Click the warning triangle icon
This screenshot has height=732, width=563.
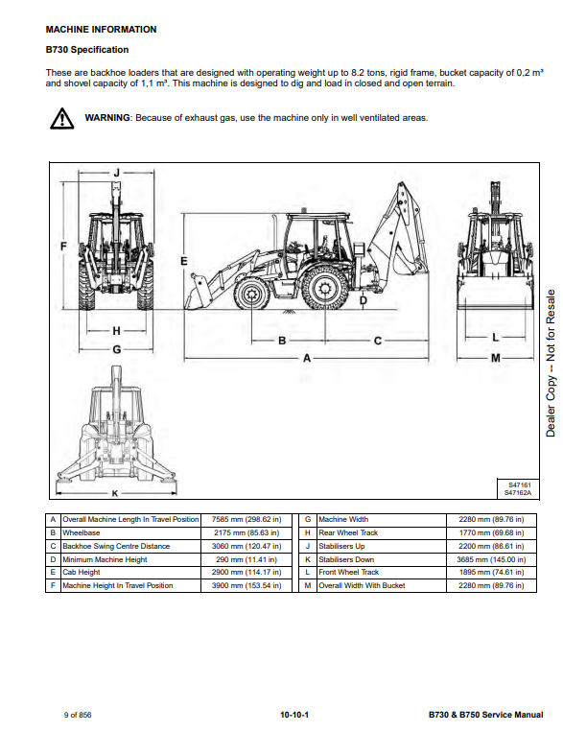point(61,119)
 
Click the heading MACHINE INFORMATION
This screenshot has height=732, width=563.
point(101,30)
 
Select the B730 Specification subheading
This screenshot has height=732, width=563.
point(87,50)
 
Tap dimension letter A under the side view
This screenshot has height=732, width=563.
point(307,358)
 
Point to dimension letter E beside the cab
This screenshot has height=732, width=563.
point(184,261)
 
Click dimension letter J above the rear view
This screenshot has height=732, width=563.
point(117,173)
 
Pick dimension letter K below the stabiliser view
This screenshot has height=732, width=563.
point(115,493)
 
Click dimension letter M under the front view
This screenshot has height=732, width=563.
point(496,358)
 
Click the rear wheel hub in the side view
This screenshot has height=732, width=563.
point(325,288)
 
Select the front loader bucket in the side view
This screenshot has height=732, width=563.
point(198,295)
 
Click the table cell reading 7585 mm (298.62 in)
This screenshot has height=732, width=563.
point(246,520)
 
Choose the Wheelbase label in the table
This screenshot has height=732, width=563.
point(82,532)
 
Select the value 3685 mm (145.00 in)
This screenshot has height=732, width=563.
point(491,559)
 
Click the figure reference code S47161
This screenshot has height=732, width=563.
point(520,485)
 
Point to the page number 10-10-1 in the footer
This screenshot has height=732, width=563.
point(294,715)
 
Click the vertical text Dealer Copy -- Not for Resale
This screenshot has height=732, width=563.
point(551,364)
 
